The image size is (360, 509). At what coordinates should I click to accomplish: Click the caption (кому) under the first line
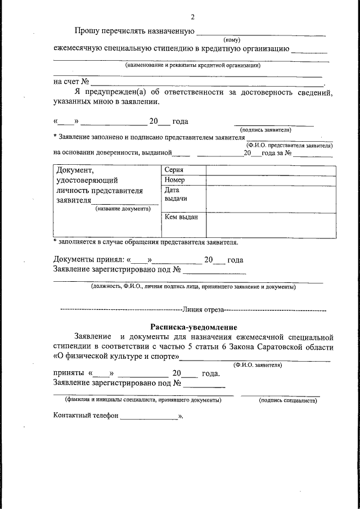point(232,39)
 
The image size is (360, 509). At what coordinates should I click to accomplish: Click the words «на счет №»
point(71,82)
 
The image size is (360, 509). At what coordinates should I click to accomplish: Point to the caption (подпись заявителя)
point(273,129)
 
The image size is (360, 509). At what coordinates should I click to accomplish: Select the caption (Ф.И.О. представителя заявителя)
point(289,145)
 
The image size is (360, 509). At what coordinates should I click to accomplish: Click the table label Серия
point(174,170)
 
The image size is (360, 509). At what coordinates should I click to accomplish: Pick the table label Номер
point(174,180)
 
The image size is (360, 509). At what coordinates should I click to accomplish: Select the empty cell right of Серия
point(267,170)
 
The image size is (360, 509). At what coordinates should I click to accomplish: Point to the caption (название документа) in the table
point(123,209)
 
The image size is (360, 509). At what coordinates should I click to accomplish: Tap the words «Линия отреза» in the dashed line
point(202,309)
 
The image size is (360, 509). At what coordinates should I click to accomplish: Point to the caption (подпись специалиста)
point(282,400)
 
